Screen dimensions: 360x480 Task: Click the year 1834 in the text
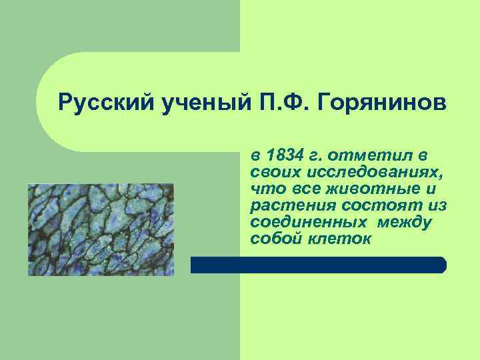point(283,155)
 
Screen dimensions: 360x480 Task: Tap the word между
point(404,222)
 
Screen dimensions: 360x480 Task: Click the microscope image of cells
point(101,229)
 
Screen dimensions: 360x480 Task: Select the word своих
point(271,172)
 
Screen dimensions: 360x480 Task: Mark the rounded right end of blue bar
point(441,265)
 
